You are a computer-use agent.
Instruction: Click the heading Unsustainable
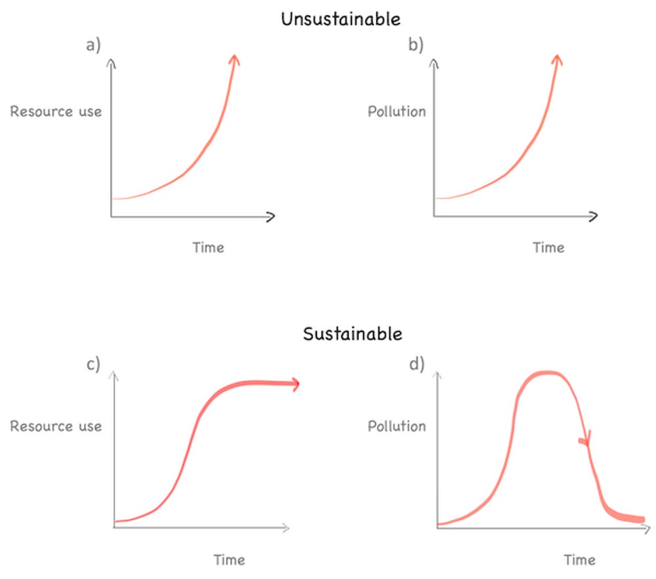[340, 19]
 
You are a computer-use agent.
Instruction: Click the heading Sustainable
[352, 334]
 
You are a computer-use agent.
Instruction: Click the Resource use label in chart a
[56, 111]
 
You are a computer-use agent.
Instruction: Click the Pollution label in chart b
[396, 111]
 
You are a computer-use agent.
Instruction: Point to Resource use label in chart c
[56, 426]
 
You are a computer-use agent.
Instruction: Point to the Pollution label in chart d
[396, 426]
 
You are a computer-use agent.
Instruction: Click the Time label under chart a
[208, 248]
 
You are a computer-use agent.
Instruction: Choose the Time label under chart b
[548, 248]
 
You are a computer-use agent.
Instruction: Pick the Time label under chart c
[229, 560]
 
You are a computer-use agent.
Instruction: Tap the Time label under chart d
[580, 560]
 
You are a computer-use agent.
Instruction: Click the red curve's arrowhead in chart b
[557, 60]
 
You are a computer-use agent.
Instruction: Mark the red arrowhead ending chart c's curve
[295, 384]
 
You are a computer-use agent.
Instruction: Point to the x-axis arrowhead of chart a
[270, 216]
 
